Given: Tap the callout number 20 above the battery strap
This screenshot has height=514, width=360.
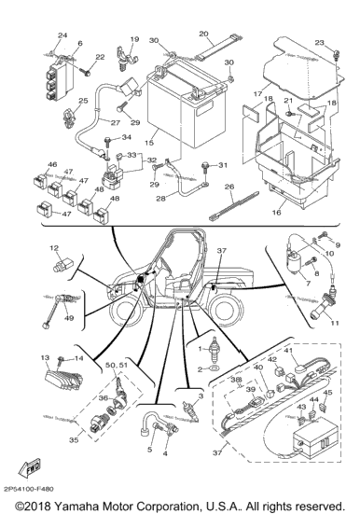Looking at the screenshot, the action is pos(203,34).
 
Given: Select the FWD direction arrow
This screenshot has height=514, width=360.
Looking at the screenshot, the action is pos(30,467).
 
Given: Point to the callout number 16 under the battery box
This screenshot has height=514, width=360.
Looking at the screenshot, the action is pos(276,213).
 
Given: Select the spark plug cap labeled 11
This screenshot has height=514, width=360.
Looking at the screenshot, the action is pos(323,305).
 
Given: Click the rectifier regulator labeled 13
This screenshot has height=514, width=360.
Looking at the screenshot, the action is pos(62,380).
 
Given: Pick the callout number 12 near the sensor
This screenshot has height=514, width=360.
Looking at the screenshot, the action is pos(54,248).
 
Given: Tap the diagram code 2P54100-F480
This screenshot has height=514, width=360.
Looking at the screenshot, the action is pos(29,489).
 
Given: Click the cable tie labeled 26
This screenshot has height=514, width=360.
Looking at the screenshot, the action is pos(234,206).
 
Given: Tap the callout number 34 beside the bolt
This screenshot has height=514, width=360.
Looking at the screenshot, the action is pos(126,137).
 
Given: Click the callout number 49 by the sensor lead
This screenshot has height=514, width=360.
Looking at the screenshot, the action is pos(69,318).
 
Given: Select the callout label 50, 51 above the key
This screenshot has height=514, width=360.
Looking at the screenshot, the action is pos(116,365).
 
